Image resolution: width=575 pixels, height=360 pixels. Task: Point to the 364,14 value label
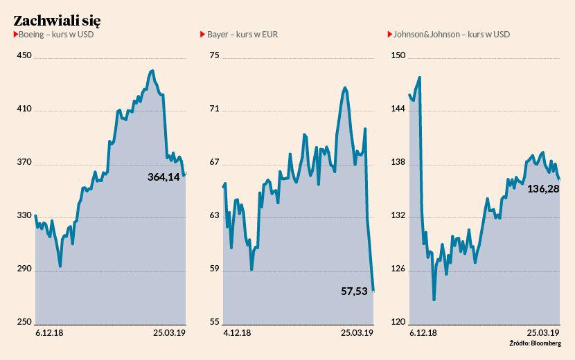[163, 177]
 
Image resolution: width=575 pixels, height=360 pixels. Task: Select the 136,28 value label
[543, 188]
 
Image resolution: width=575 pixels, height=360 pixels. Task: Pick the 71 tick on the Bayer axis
[214, 109]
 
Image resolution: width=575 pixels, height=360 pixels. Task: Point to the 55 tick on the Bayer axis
[214, 322]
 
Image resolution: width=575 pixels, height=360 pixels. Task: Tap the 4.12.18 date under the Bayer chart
[237, 333]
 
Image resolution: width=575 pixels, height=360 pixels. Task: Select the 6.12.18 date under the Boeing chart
[50, 333]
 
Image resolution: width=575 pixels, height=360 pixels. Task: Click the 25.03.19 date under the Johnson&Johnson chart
[544, 333]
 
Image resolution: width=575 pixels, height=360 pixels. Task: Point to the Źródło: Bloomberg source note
[535, 343]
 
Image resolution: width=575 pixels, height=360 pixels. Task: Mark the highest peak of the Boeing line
[152, 71]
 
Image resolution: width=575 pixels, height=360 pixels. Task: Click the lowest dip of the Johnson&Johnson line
[434, 300]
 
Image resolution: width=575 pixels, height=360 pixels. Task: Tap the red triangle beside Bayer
[203, 34]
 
